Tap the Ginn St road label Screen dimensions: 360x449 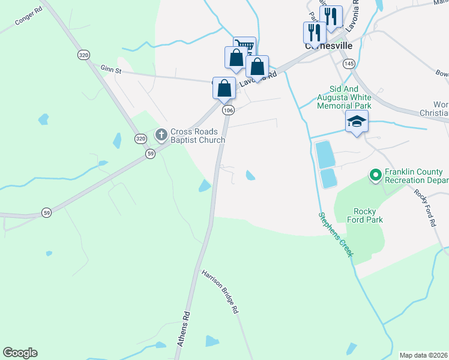coord(110,70)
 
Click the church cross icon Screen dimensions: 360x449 coord(161,135)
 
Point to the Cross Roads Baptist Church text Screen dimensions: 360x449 coord(197,136)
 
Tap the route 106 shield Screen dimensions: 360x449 coord(228,110)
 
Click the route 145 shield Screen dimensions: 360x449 coord(349,63)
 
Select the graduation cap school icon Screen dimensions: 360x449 coord(357,122)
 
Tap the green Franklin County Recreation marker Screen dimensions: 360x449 coord(376,175)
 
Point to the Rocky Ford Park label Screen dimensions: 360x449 coord(368,215)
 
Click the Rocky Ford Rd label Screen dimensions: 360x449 coord(424,207)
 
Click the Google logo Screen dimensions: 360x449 coord(20,353)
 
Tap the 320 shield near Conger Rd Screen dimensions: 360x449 coord(83,55)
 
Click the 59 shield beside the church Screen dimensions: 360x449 coord(150,154)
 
